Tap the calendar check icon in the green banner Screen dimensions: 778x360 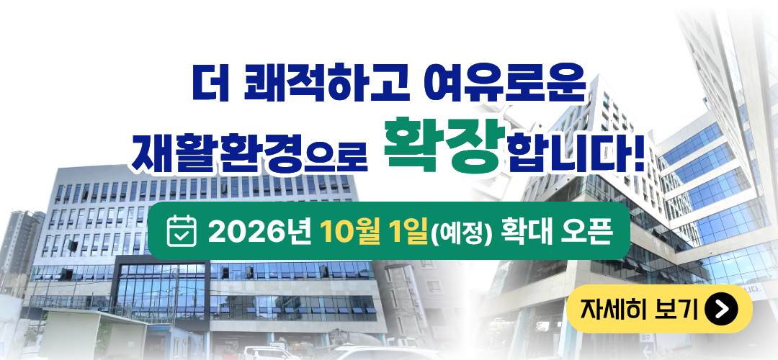(182, 231)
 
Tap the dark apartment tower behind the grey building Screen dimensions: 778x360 (20, 243)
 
